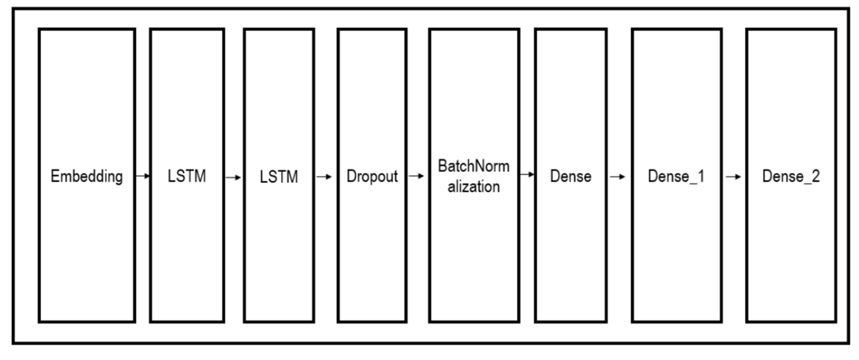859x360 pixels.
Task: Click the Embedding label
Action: (x=87, y=176)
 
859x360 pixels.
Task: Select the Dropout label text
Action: (x=372, y=176)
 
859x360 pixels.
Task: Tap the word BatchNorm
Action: (x=474, y=166)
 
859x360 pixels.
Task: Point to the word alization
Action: (x=474, y=187)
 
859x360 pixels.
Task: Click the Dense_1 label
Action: (x=676, y=176)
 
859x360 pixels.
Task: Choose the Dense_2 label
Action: (x=791, y=176)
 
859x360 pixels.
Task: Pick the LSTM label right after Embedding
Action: (x=187, y=176)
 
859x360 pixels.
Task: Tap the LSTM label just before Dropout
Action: (x=279, y=177)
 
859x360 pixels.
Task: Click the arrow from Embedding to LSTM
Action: (x=143, y=176)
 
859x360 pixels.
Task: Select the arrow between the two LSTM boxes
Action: (x=234, y=177)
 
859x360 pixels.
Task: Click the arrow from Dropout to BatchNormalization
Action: (x=416, y=176)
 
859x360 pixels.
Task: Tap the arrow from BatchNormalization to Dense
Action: (x=527, y=174)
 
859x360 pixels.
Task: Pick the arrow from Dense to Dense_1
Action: (x=618, y=177)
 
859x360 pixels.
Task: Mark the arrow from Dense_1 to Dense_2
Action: (x=733, y=177)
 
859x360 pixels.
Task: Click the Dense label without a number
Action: (x=570, y=176)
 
